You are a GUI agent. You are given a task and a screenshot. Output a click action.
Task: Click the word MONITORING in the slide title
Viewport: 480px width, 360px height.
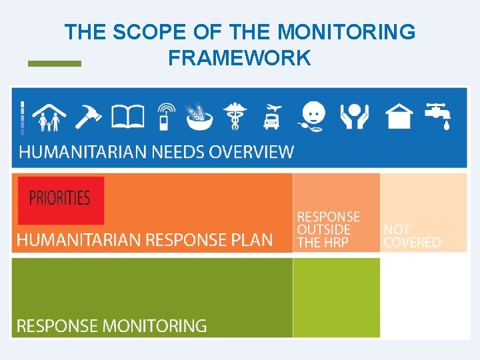point(346,31)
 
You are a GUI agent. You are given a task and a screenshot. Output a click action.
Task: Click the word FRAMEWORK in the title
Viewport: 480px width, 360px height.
point(239,58)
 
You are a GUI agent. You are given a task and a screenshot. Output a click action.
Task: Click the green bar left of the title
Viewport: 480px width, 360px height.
point(54,63)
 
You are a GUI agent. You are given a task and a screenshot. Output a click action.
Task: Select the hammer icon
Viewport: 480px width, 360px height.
point(88,115)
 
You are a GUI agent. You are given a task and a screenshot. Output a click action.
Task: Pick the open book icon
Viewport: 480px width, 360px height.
point(128,116)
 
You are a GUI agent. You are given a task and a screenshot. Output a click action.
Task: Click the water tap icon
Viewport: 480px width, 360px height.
point(438,115)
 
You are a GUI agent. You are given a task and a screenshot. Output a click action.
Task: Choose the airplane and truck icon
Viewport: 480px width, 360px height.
point(272,116)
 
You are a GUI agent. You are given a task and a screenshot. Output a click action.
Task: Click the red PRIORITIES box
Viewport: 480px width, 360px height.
point(61,199)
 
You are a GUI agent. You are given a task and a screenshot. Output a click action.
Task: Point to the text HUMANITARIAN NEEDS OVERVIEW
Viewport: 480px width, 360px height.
point(156,151)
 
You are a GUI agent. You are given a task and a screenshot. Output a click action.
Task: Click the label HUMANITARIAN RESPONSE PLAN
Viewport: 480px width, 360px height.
point(145,240)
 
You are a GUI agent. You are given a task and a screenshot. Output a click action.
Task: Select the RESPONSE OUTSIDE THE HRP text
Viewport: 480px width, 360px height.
point(328,229)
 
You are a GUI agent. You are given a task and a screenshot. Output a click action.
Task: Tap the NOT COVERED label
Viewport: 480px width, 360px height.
point(412,236)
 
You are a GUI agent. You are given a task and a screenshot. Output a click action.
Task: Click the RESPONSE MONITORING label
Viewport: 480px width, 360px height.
point(111,326)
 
